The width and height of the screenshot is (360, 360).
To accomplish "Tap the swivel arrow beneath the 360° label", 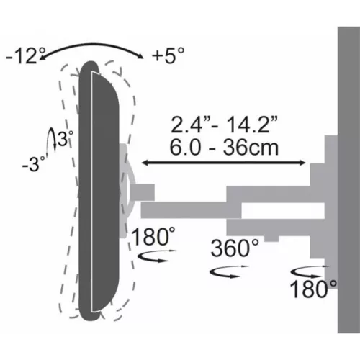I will [225, 271].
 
